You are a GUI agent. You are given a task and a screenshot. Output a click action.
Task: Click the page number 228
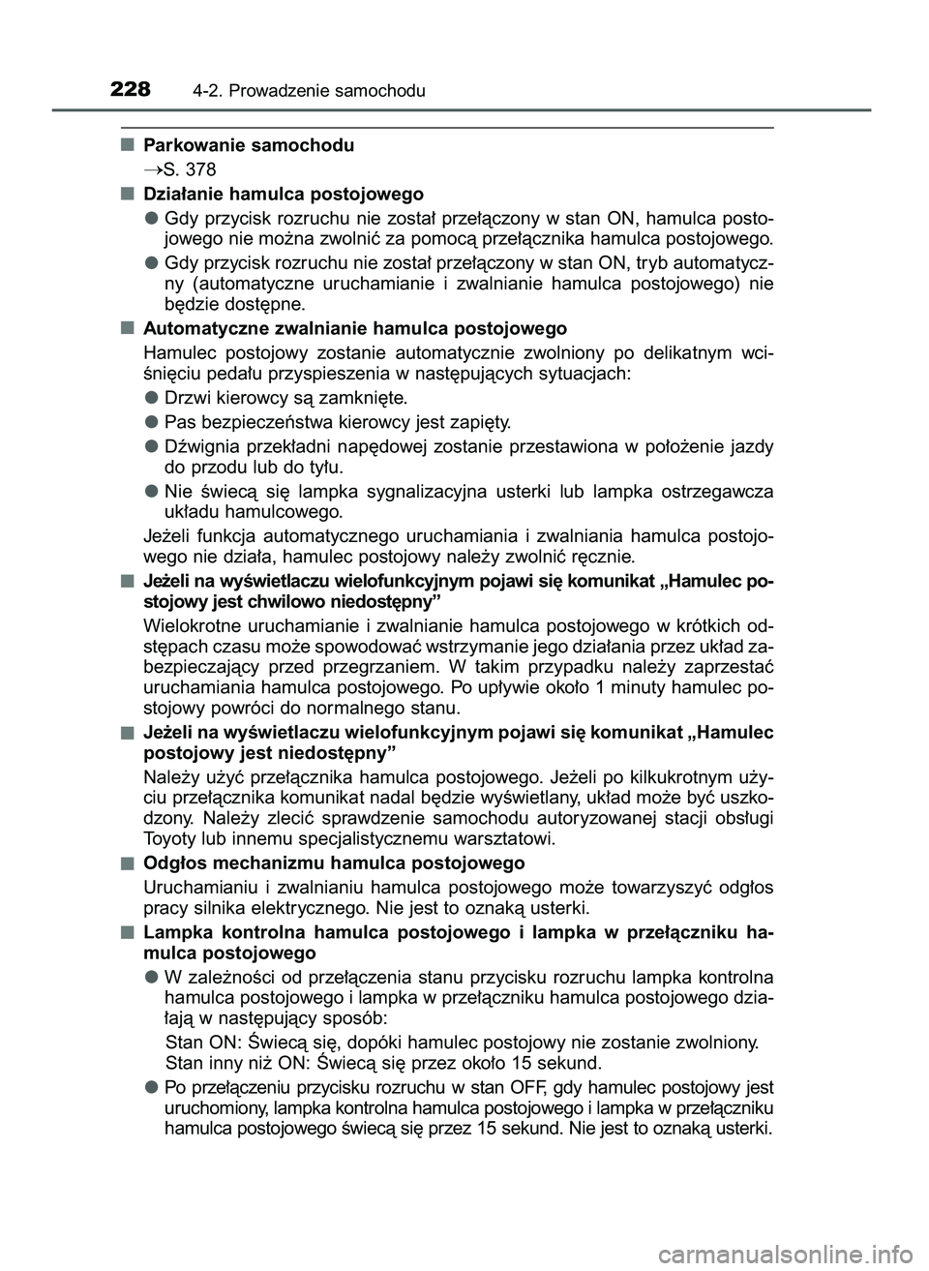coord(131,89)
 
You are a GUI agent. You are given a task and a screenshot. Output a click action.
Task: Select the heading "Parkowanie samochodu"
coord(249,146)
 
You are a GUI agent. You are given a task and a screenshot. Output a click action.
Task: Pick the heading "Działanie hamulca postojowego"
coord(283,194)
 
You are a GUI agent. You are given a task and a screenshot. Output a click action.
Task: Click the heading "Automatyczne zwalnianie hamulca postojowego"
coord(354,329)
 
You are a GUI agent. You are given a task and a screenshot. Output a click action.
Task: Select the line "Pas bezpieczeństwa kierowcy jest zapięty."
coord(339,422)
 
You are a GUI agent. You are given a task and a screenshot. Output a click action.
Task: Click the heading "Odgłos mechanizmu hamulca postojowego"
coord(334,863)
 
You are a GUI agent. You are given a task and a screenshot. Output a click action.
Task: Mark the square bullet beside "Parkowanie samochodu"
coord(127,145)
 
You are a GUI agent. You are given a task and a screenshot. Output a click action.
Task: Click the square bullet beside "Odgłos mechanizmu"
coord(127,862)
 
